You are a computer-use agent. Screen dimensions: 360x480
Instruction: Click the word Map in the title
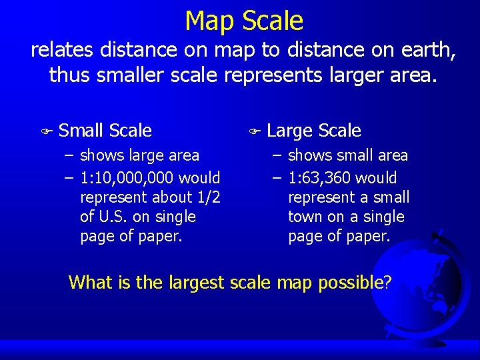point(209,21)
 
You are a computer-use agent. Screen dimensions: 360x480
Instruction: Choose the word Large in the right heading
point(291,131)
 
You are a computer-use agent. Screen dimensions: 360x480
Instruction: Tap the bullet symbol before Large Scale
point(253,131)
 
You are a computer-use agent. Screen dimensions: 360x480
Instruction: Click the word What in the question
point(89,282)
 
